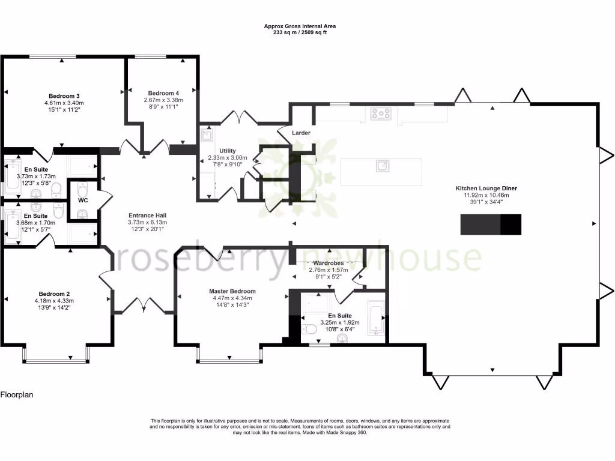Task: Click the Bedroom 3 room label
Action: click(x=64, y=96)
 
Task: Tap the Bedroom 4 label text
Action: click(x=163, y=93)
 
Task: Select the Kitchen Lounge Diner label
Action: click(x=490, y=188)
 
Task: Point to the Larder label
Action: click(x=301, y=133)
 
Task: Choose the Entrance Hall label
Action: click(x=147, y=215)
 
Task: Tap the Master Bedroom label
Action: click(x=234, y=291)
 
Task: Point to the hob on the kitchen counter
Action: click(x=381, y=113)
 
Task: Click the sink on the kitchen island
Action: click(x=381, y=166)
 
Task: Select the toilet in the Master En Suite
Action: click(x=310, y=329)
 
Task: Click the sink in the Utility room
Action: click(x=207, y=136)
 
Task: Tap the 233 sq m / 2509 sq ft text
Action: click(x=300, y=32)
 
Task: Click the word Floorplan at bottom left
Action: click(x=16, y=395)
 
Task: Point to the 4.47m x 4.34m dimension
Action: click(x=234, y=298)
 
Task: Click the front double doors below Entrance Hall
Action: click(x=144, y=307)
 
